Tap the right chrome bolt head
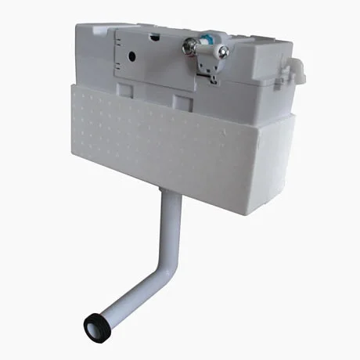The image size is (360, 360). (224, 52)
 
